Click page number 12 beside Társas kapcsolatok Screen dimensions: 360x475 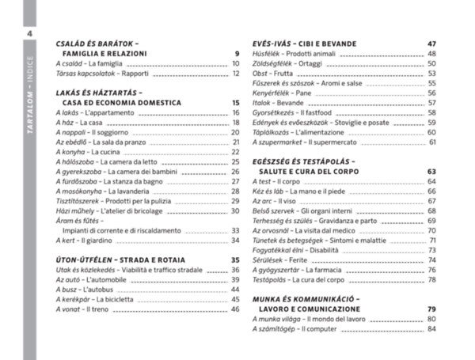click(x=235, y=73)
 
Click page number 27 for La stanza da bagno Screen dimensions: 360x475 click(x=235, y=181)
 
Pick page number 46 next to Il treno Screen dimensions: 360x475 click(x=235, y=309)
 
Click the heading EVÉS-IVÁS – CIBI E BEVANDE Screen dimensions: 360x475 click(x=302, y=43)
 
